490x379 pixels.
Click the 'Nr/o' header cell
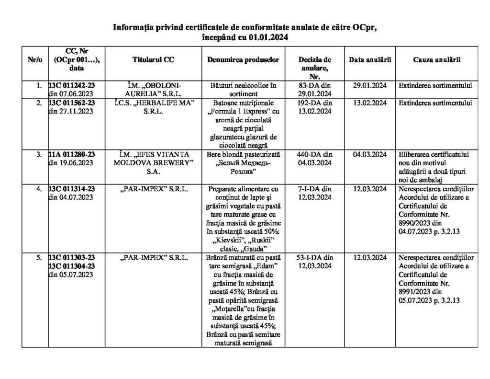pos(35,59)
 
